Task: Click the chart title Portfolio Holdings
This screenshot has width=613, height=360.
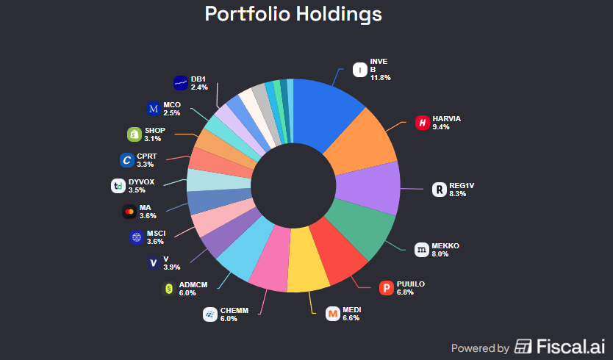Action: [x=293, y=14]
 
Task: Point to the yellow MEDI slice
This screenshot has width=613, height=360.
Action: [x=307, y=270]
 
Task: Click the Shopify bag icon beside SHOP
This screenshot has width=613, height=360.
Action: [x=135, y=134]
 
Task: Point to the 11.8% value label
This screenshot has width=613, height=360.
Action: [x=380, y=77]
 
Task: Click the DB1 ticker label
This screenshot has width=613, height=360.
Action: [x=198, y=79]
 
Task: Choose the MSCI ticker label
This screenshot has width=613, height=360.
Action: [x=156, y=233]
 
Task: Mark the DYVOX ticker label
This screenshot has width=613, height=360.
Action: [x=142, y=181]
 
